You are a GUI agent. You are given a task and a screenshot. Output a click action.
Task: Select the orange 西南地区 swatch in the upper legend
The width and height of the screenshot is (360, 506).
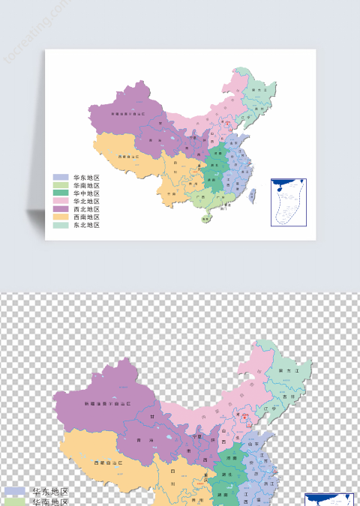[x=61, y=217]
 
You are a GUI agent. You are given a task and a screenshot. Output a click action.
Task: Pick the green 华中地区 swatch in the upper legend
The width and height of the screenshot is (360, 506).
[x=61, y=193]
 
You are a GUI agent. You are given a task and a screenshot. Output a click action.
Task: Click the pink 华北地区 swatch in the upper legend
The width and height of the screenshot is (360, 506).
[x=61, y=202]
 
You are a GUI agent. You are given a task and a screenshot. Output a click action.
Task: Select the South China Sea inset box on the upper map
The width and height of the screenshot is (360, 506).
[x=288, y=201]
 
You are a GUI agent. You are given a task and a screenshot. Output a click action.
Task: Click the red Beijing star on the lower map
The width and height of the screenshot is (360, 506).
[x=239, y=415]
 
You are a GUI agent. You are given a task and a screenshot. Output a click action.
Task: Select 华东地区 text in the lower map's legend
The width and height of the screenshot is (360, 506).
[x=49, y=492]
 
